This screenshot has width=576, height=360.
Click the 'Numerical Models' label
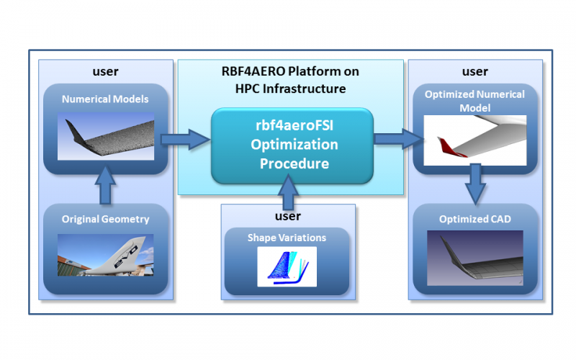(x=105, y=99)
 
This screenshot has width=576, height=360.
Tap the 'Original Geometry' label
(x=105, y=220)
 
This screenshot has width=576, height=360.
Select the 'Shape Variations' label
(x=287, y=238)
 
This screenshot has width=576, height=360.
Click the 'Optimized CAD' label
(x=475, y=220)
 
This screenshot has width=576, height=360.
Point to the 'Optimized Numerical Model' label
(x=475, y=101)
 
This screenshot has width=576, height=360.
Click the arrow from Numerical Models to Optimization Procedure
(x=186, y=139)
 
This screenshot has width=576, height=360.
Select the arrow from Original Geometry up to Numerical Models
(x=105, y=185)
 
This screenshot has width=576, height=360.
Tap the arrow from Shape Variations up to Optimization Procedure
(x=288, y=192)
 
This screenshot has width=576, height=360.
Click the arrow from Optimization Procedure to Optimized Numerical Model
(x=398, y=138)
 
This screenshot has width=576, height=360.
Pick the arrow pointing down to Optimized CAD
(x=475, y=184)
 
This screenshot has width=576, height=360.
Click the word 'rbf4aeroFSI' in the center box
(x=294, y=125)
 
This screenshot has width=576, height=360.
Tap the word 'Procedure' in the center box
(x=294, y=163)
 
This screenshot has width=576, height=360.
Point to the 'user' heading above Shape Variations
(x=288, y=216)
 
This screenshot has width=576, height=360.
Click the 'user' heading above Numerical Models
(x=105, y=71)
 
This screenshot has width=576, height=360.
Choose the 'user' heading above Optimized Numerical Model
(x=475, y=71)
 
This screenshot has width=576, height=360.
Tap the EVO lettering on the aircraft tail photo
(x=125, y=256)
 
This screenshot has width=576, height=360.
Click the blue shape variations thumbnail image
(x=287, y=266)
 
